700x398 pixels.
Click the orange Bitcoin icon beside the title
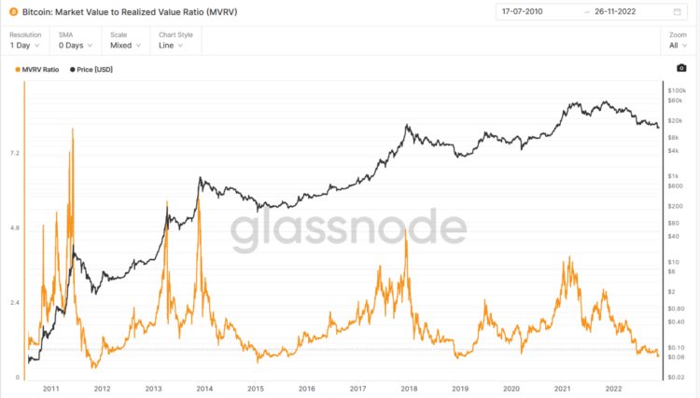tap(13, 12)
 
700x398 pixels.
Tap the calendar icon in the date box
tap(677, 12)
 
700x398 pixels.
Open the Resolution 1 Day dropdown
tap(25, 44)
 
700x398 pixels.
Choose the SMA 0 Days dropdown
tap(74, 44)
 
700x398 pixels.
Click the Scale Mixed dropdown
tap(125, 44)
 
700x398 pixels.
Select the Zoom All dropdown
tap(678, 44)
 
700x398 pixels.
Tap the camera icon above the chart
tap(681, 68)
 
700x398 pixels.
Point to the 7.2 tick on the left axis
tap(14, 153)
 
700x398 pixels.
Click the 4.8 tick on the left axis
tap(14, 227)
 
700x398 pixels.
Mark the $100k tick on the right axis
tap(678, 89)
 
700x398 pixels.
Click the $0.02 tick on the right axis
tap(677, 377)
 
